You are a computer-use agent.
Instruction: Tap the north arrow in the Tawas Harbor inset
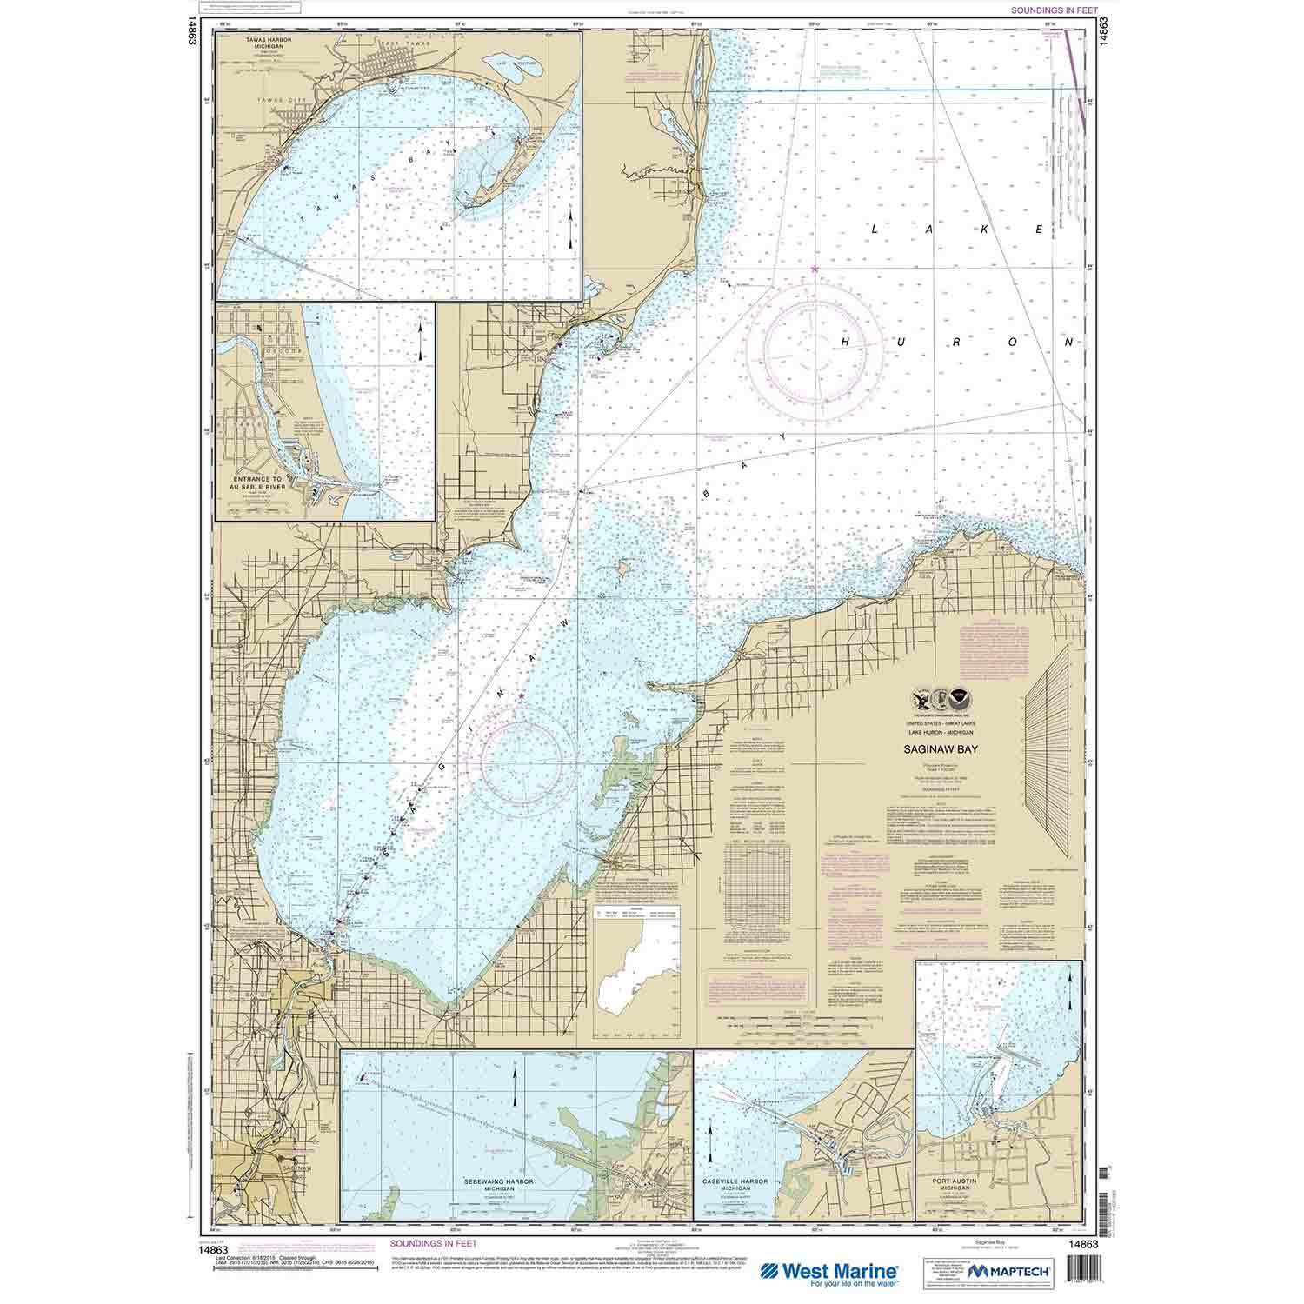click(569, 228)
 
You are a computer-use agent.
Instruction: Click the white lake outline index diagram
click(642, 961)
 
